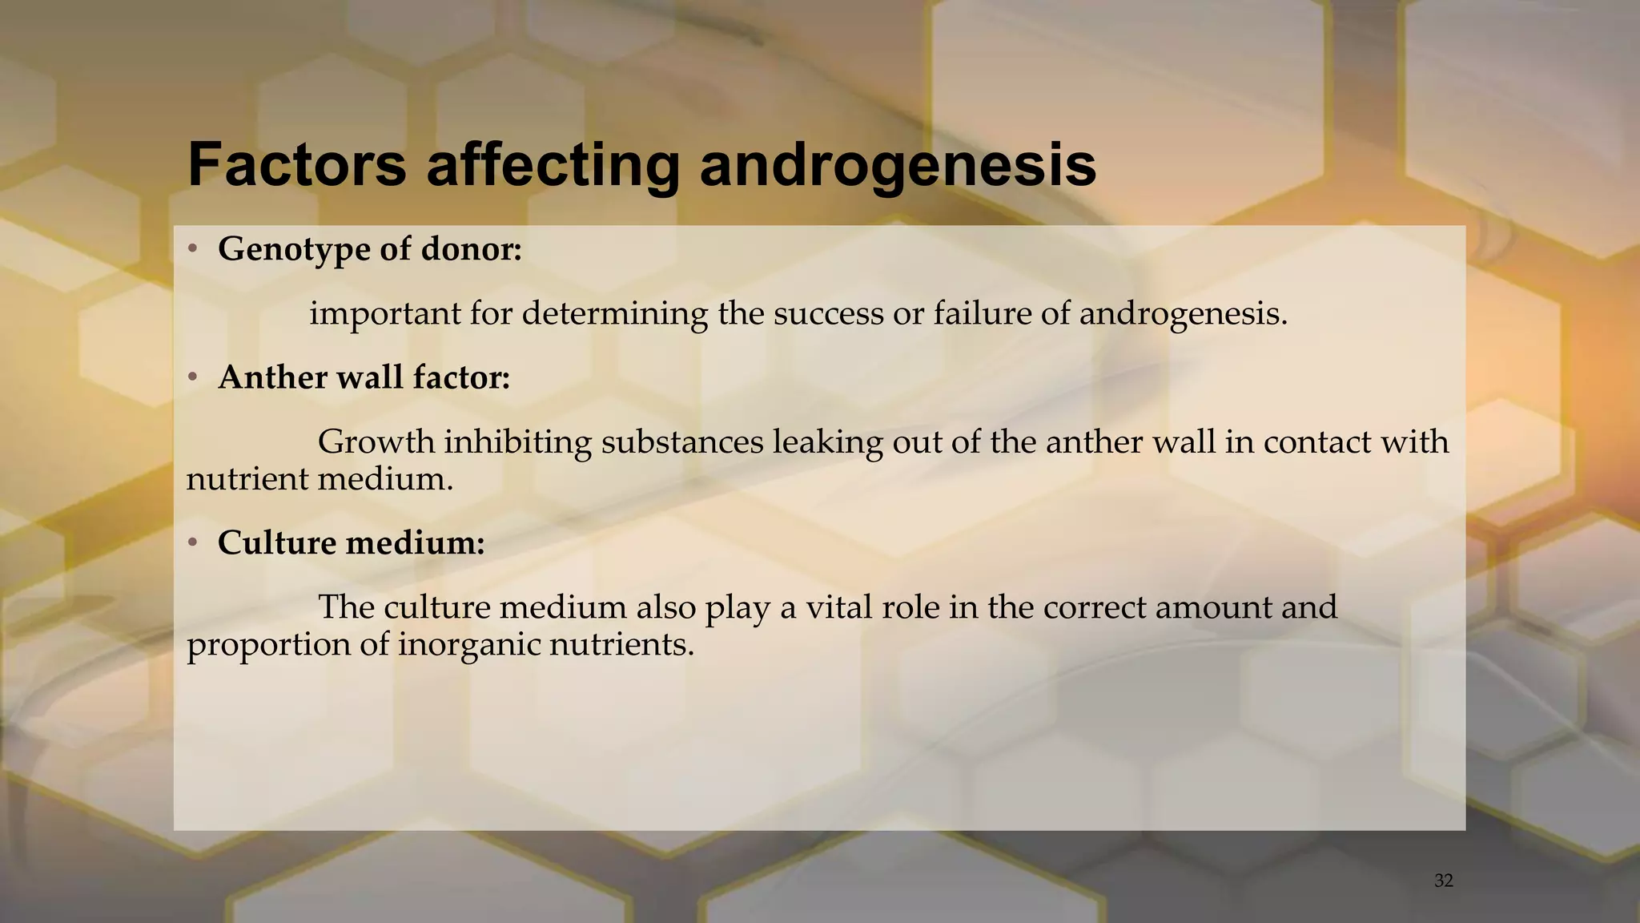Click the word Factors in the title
296,165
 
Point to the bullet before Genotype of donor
192,250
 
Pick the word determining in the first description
615,314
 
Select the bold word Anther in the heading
268,377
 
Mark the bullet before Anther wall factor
192,377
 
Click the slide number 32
1444,881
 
